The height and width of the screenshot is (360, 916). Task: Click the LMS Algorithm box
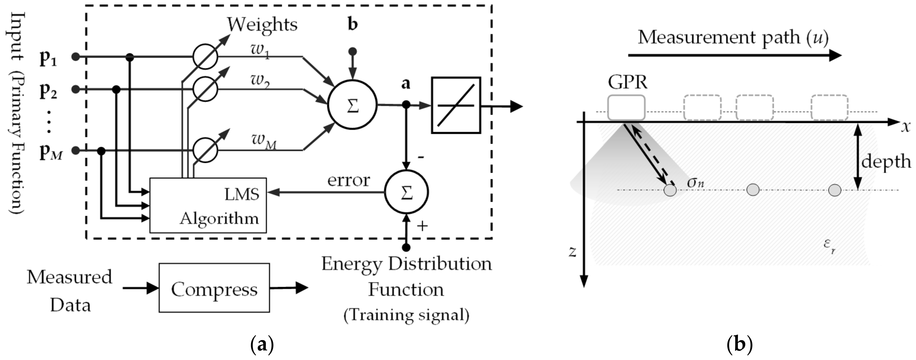point(208,205)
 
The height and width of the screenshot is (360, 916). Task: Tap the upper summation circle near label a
point(352,105)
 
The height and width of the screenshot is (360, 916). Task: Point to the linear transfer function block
point(456,105)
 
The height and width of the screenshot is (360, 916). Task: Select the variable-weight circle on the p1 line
point(205,57)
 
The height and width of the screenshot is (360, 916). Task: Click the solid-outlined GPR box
point(626,108)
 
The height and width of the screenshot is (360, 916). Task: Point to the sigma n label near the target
point(695,182)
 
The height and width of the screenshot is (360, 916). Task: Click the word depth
point(886,161)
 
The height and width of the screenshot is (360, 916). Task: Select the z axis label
point(572,251)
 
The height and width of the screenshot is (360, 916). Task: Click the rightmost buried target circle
point(835,190)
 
